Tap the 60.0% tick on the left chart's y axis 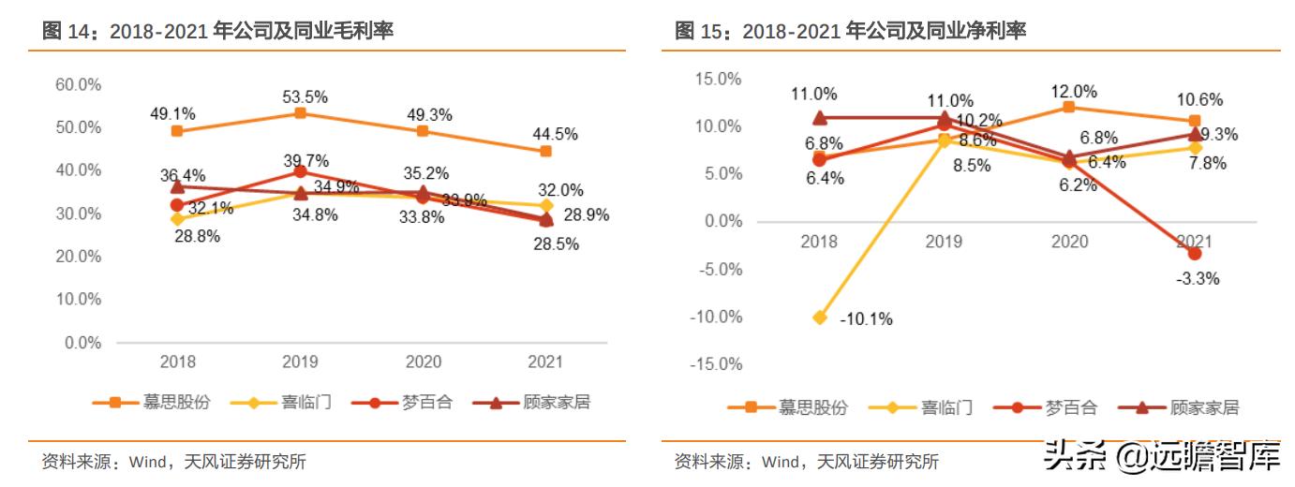[79, 84]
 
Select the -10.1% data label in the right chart [865, 318]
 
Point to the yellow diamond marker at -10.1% [820, 317]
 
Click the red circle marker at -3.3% [1194, 253]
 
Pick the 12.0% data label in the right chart [1073, 91]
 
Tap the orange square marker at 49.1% [177, 131]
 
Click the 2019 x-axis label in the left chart [300, 362]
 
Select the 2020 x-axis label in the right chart [1069, 241]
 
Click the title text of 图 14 [217, 31]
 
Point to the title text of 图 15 [850, 31]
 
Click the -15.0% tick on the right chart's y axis [717, 364]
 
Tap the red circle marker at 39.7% [300, 171]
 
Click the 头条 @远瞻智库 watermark [1162, 457]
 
